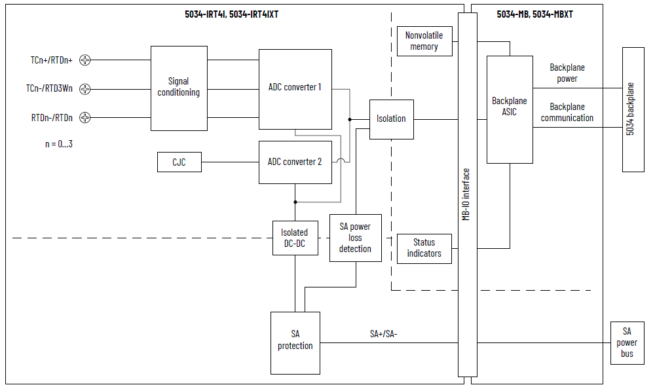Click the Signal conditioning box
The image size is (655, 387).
pyautogui.click(x=179, y=88)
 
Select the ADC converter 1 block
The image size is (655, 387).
pyautogui.click(x=295, y=88)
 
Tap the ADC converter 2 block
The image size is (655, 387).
pyautogui.click(x=295, y=162)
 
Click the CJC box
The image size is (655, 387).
pyautogui.click(x=179, y=162)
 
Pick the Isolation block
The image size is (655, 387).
pyautogui.click(x=391, y=119)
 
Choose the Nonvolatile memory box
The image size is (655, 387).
pyautogui.click(x=424, y=41)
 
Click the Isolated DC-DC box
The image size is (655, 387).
pyautogui.click(x=294, y=238)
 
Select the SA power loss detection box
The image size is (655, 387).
pyautogui.click(x=355, y=238)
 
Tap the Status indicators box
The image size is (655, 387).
pyautogui.click(x=424, y=248)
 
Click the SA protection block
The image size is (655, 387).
pyautogui.click(x=295, y=342)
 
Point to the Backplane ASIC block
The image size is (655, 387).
pyautogui.click(x=509, y=109)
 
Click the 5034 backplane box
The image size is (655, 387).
pyautogui.click(x=632, y=109)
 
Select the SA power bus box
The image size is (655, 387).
pyautogui.click(x=627, y=342)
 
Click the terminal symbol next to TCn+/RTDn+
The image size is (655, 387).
pyautogui.click(x=84, y=60)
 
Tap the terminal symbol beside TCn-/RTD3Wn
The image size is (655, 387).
pyautogui.click(x=84, y=89)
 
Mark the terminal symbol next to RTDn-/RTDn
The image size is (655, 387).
pyautogui.click(x=84, y=118)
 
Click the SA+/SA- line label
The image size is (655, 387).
pyautogui.click(x=384, y=334)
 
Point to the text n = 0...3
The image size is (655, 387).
pyautogui.click(x=59, y=143)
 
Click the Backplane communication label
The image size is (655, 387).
pyautogui.click(x=567, y=113)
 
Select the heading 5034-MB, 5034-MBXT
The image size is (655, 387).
pyautogui.click(x=534, y=14)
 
